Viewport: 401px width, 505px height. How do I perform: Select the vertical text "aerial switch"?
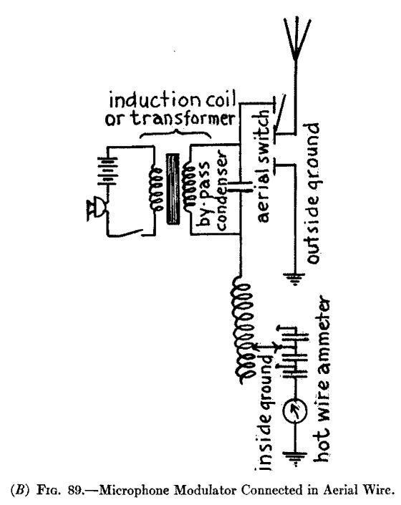pos(262,164)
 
